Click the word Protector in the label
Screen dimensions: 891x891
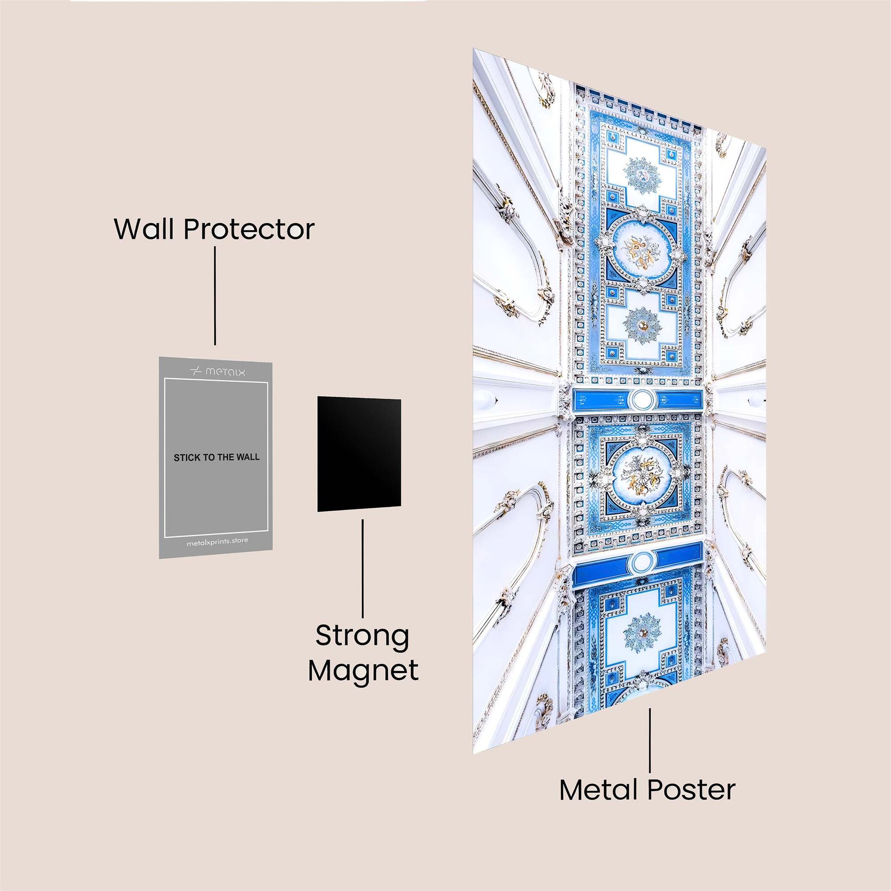(x=249, y=230)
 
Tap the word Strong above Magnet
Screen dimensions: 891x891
(x=362, y=637)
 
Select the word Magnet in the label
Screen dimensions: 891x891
(x=363, y=671)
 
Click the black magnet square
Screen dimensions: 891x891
(x=359, y=453)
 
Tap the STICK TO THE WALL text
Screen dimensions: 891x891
(x=216, y=457)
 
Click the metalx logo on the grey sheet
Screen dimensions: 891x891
(x=218, y=371)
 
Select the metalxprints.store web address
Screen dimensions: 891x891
(x=217, y=542)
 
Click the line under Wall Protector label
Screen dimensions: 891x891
(x=215, y=296)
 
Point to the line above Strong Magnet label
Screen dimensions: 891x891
(x=363, y=568)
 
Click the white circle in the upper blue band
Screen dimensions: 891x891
(x=643, y=399)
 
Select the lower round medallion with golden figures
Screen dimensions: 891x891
(x=642, y=476)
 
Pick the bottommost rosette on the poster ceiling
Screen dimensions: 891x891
(x=642, y=633)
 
